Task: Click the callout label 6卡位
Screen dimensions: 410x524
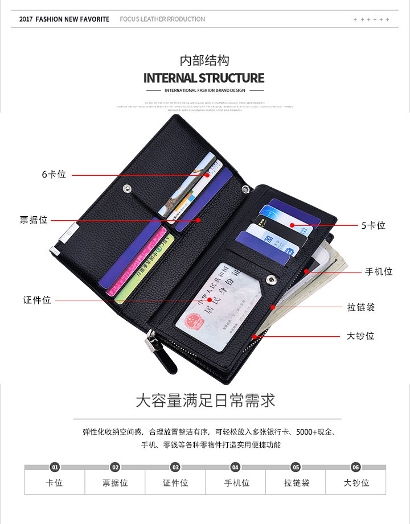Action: point(54,175)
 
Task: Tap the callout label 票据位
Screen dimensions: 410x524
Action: point(34,220)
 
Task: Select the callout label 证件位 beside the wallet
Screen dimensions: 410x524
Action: point(37,300)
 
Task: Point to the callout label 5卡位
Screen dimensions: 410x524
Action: point(374,226)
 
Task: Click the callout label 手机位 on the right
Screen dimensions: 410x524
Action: point(379,271)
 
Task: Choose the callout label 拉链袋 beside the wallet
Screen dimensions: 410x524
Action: point(361,307)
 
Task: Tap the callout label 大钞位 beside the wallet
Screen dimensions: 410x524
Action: point(360,336)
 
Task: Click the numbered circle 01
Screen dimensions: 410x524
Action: point(55,467)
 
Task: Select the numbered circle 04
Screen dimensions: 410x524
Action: point(235,467)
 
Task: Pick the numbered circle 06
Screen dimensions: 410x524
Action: point(356,467)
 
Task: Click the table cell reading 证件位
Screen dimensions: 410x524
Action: point(175,483)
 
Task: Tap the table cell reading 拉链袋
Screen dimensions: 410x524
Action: point(296,483)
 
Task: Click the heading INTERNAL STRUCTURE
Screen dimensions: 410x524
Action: point(204,78)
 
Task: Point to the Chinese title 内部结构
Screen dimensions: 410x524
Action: point(204,60)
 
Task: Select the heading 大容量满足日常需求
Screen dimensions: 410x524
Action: point(205,400)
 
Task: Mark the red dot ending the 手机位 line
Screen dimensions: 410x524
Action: point(306,271)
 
